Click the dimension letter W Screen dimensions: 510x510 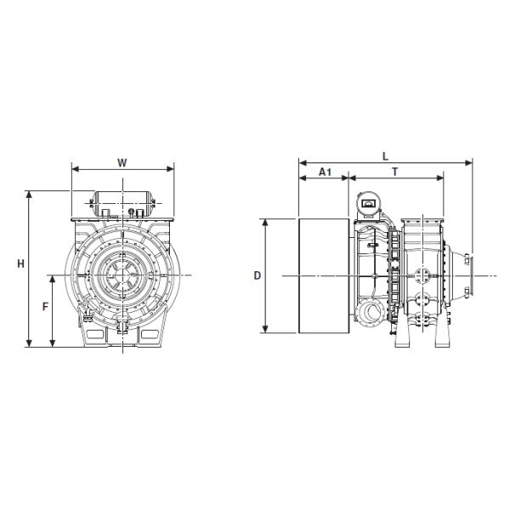tap(122, 162)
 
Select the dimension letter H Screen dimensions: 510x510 tap(20, 263)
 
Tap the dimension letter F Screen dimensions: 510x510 tap(46, 306)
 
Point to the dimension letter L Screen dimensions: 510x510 tap(385, 156)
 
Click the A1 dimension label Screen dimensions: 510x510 tap(325, 172)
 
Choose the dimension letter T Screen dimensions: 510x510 tap(395, 172)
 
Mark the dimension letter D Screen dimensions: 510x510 tap(258, 275)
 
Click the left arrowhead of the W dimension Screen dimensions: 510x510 tap(76, 168)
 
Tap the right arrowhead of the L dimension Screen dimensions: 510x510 tap(468, 162)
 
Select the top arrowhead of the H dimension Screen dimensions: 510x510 tap(29, 195)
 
